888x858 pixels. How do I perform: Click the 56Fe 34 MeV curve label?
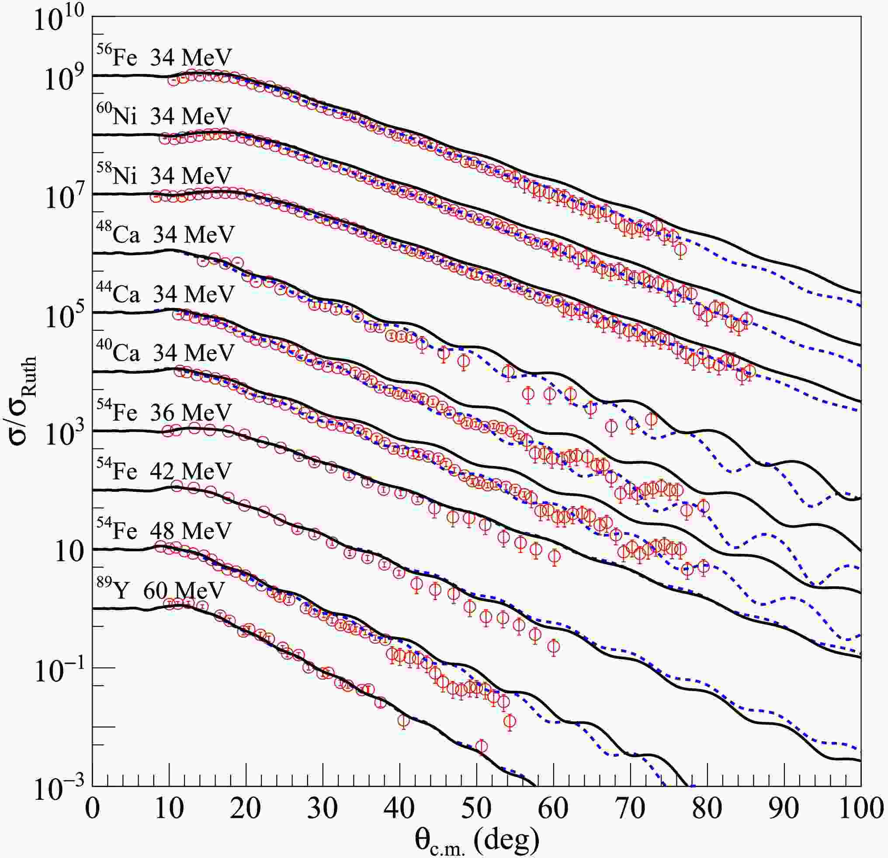164,57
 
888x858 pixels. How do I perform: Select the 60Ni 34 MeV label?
164,116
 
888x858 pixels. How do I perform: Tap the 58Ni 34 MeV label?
164,175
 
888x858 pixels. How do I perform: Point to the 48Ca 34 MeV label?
165,235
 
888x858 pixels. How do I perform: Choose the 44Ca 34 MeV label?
165,294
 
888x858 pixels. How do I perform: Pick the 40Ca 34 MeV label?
165,353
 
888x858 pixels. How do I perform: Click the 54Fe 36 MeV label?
164,412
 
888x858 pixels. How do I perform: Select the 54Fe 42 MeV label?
164,471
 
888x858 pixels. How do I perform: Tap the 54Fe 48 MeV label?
164,530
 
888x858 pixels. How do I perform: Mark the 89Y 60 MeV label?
160,590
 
